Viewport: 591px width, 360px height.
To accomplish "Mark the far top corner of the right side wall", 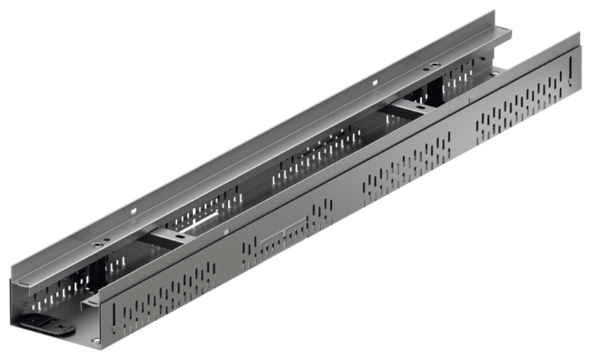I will (x=579, y=32).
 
